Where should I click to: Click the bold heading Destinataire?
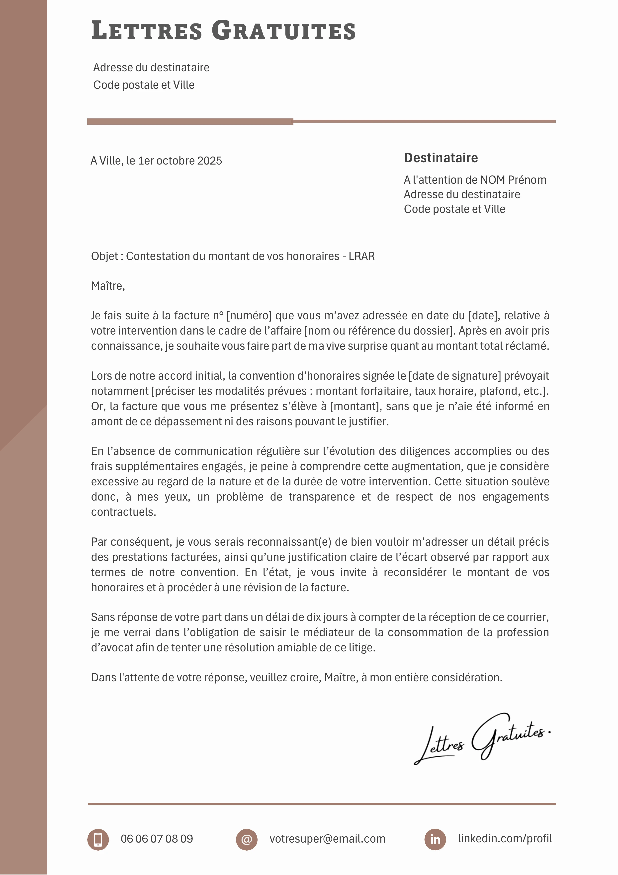point(441,158)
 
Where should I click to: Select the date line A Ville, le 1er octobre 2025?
point(156,161)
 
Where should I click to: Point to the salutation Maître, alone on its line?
point(108,286)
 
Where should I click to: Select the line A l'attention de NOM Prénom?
point(475,180)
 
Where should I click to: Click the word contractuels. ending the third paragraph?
point(123,512)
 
